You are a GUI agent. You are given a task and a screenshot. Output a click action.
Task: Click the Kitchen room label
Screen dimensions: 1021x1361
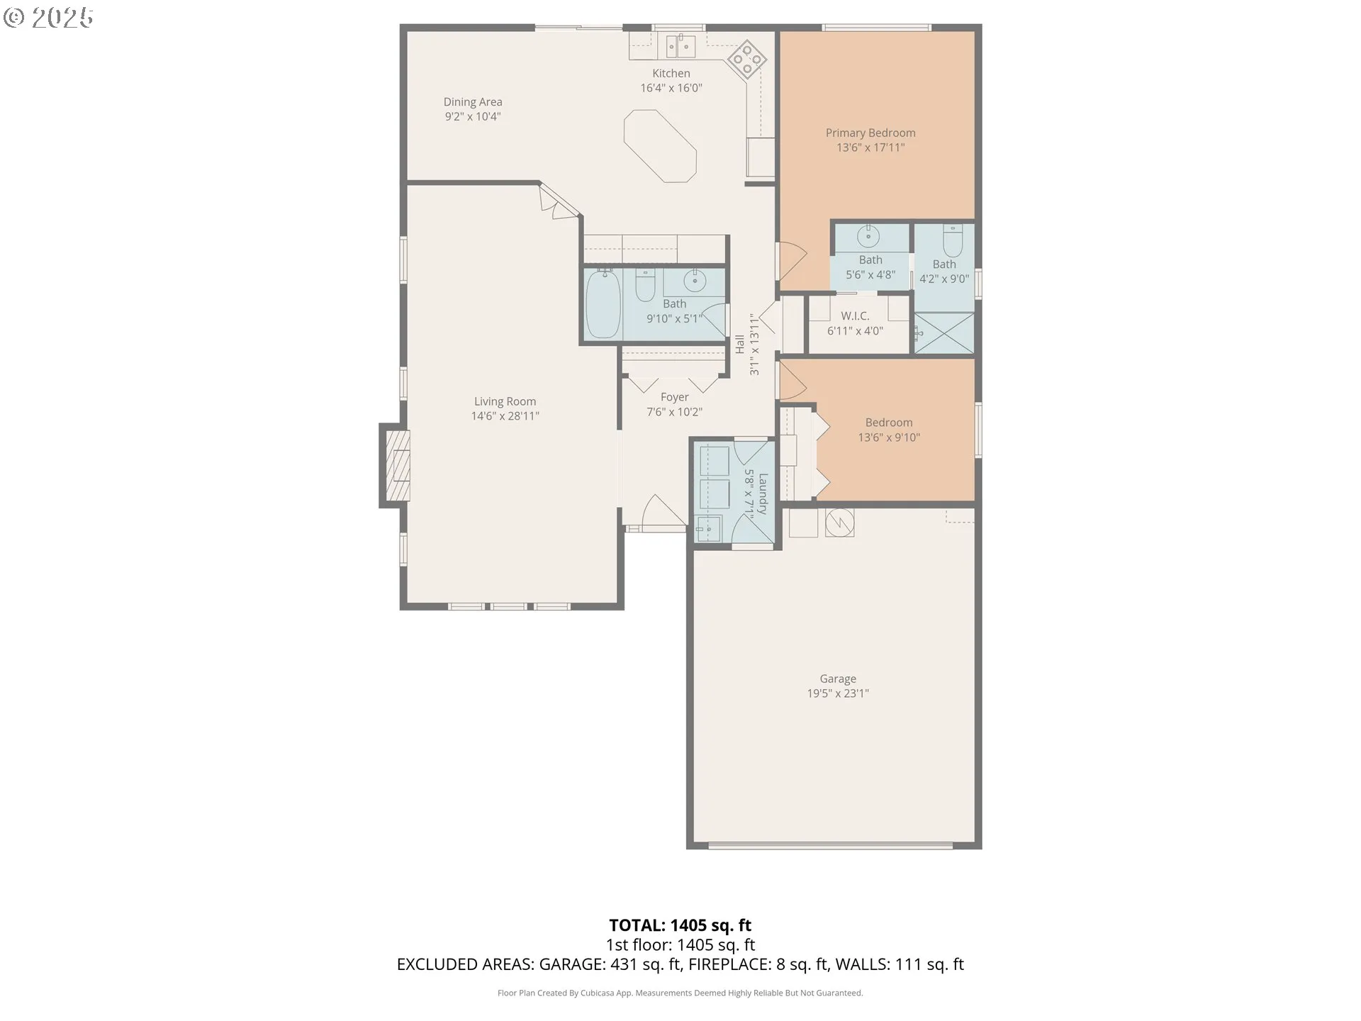pos(671,73)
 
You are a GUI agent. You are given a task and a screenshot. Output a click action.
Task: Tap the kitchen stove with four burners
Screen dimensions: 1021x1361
pos(747,58)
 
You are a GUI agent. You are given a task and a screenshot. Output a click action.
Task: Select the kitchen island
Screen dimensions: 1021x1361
pos(660,146)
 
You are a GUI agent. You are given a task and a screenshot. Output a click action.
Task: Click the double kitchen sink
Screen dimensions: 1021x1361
pos(680,46)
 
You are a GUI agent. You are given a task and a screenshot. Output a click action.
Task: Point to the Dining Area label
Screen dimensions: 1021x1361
pos(473,102)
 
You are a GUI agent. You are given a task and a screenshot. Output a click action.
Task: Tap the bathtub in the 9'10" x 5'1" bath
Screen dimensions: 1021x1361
pos(603,303)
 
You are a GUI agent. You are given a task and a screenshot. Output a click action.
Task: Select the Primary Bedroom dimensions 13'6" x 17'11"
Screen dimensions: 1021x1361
pos(870,147)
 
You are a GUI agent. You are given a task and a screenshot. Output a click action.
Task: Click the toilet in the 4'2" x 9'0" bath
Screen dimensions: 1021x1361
pos(953,240)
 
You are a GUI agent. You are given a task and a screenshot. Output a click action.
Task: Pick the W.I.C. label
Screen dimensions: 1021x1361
pos(855,316)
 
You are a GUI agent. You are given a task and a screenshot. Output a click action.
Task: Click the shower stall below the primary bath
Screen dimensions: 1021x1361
pos(944,333)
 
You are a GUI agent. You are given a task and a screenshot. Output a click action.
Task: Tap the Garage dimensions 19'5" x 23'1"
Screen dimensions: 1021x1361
pos(838,693)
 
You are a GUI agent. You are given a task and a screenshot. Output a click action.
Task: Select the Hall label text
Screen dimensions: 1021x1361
pos(740,345)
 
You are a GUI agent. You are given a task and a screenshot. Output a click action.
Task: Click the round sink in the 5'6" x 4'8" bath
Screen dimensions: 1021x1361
pos(868,235)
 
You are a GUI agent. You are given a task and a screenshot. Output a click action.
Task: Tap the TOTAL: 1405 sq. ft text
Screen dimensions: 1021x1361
pos(680,925)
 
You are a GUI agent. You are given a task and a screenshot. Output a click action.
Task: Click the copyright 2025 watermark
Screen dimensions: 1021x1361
pos(48,18)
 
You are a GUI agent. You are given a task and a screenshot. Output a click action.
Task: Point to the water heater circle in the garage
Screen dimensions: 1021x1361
pos(840,523)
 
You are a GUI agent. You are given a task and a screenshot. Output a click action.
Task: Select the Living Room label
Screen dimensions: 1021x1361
pos(505,401)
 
